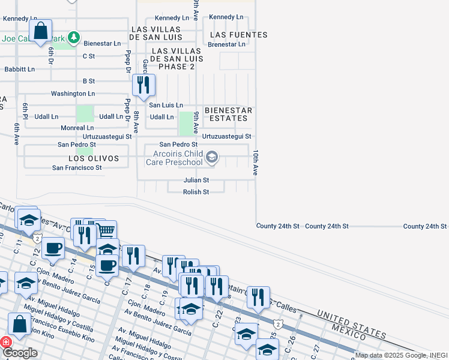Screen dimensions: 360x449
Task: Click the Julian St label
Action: pos(196,180)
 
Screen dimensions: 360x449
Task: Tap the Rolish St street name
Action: pos(196,192)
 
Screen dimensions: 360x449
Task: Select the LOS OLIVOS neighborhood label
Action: pos(89,158)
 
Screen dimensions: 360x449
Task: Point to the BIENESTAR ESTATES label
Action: pos(228,115)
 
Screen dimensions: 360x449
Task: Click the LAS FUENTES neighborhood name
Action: pos(239,35)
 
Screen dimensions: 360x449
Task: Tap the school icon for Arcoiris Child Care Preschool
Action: pos(211,158)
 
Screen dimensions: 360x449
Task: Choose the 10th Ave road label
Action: pos(255,162)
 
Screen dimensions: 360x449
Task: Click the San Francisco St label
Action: pos(77,168)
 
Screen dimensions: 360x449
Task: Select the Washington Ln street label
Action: pos(73,94)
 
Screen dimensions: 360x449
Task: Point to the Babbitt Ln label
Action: pos(19,69)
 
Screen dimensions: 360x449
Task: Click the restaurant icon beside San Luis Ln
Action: pos(143,85)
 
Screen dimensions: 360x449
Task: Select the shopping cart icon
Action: pos(106,230)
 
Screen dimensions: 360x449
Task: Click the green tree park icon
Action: pos(73,38)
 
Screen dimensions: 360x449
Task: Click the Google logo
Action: pos(20,353)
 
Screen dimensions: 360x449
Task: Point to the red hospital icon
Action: pos(5,342)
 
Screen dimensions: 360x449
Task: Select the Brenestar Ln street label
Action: pos(226,44)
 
